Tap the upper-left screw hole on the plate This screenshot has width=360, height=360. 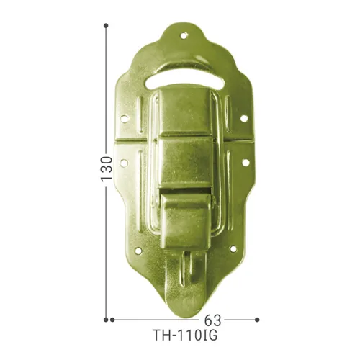tap(125, 119)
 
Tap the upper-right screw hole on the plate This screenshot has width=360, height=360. tap(243, 118)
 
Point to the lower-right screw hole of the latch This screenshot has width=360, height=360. tap(232, 249)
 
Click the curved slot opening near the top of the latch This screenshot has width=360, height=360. tap(184, 76)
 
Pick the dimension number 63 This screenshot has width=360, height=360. tap(214, 319)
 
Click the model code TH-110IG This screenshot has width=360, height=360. tap(184, 336)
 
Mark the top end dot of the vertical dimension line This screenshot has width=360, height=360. tap(107, 25)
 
